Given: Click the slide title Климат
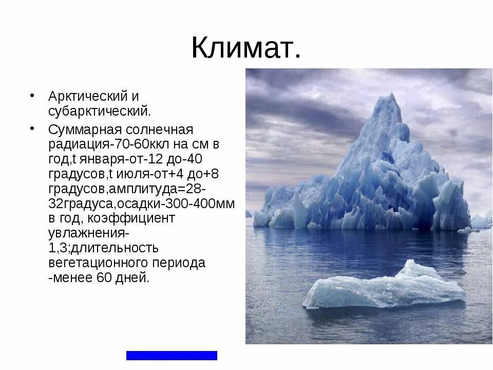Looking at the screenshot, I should coord(246,48).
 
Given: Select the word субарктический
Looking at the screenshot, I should coord(100,110).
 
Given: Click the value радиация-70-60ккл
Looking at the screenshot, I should coord(106,143).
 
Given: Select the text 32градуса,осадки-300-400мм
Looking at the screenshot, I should coord(141,203).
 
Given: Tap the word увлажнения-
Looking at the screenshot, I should coord(88,233).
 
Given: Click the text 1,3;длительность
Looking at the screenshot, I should coord(103,248).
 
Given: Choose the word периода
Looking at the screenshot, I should coord(179,263).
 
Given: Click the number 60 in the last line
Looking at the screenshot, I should coord(104,278).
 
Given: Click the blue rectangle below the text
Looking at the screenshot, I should coord(172,355).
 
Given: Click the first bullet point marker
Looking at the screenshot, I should coord(32,96).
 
